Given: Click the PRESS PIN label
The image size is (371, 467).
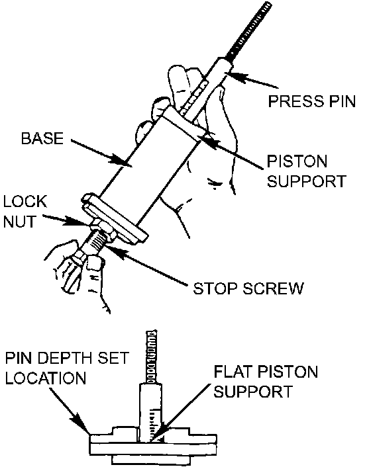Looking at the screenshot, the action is click(311, 101).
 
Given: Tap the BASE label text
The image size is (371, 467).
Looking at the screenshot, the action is click(42, 138).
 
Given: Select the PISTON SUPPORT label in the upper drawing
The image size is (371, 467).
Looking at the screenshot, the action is click(307, 171).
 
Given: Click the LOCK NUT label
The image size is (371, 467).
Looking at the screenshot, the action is click(25, 212).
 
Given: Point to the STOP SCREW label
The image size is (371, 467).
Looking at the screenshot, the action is click(248, 288).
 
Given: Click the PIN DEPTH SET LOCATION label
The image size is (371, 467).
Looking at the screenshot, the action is click(67, 368).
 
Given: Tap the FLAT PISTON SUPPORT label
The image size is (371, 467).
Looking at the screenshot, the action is click(266, 382).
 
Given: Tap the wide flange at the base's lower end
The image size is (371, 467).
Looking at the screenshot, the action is click(115, 218).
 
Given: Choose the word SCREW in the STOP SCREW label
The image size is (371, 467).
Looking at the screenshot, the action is click(274, 288).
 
